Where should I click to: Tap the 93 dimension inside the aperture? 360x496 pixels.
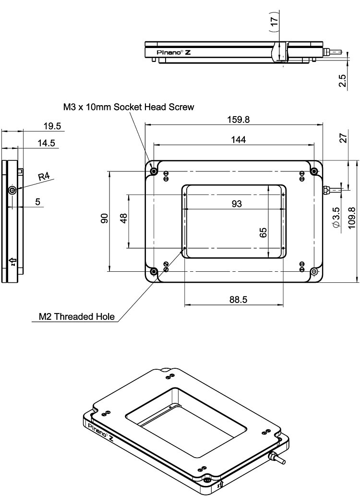pos(236,204)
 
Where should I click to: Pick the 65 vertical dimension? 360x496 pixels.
pos(263,232)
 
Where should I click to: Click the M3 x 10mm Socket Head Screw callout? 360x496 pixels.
pos(129,107)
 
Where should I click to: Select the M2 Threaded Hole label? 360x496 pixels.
pos(77,316)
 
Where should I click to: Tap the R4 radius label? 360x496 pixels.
pos(44,177)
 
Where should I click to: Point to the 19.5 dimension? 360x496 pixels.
pos(52,126)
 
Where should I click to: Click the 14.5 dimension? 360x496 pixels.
pos(49,143)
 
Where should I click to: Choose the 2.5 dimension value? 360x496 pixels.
pos(342,80)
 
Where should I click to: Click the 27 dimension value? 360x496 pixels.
pos(343,138)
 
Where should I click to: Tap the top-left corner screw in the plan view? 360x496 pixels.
pos(154,171)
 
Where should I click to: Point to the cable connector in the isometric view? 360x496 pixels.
pos(276,458)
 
